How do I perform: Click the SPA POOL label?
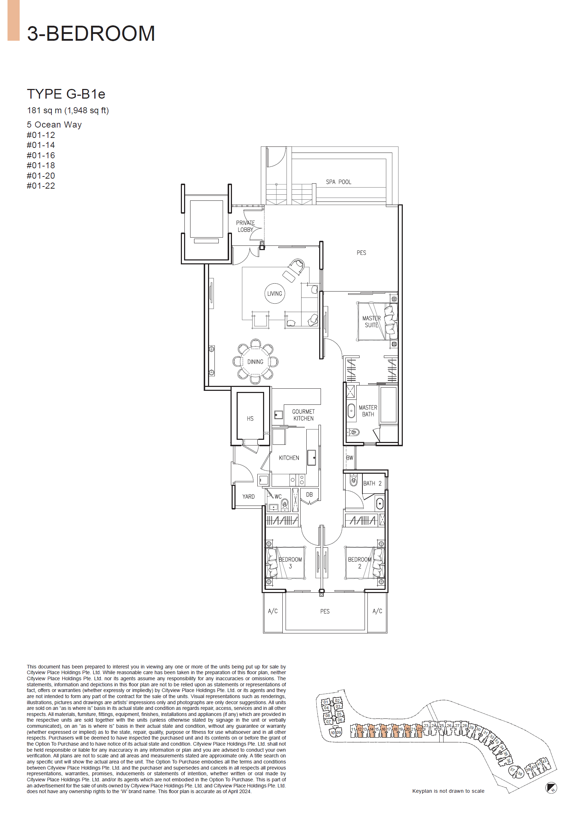[x=338, y=181]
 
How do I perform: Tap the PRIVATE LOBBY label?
[x=245, y=226]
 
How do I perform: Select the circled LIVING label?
[x=274, y=293]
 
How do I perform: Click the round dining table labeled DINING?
[x=255, y=362]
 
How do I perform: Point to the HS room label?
[x=250, y=418]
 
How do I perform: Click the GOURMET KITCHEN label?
[x=303, y=415]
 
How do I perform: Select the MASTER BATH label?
[x=368, y=411]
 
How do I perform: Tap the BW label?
[x=350, y=458]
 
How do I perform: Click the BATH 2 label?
[x=372, y=483]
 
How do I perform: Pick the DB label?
[x=310, y=494]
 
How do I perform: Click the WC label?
[x=278, y=496]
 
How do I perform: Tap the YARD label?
[x=248, y=496]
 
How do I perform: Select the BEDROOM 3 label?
[x=290, y=562]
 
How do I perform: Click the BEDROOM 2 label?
[x=360, y=562]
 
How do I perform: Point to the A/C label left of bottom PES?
[x=272, y=611]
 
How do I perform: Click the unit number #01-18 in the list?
[x=41, y=165]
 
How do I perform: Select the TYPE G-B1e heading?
[x=66, y=94]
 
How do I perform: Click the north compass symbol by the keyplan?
[x=551, y=788]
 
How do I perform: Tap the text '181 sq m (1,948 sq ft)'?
[x=68, y=110]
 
